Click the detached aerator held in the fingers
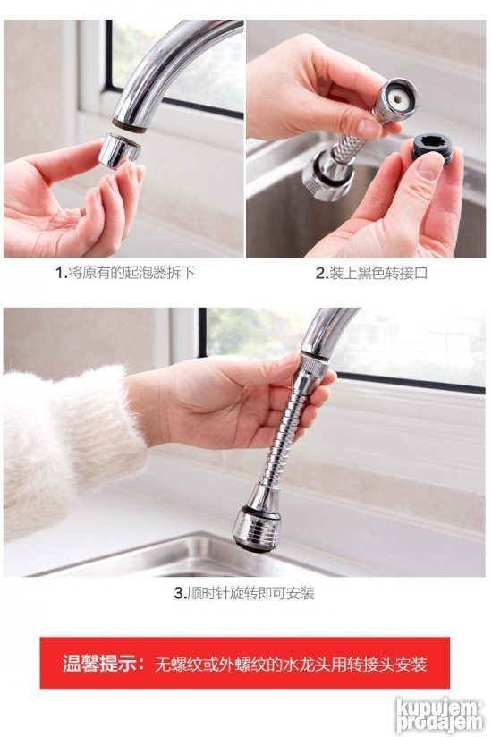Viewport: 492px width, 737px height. click(x=119, y=151)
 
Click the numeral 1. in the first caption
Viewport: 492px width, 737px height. click(x=62, y=272)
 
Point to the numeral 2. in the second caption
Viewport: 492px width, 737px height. click(x=321, y=273)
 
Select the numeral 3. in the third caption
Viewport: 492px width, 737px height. click(x=181, y=593)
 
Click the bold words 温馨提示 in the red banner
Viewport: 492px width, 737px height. click(x=100, y=664)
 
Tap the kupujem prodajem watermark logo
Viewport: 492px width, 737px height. click(x=439, y=715)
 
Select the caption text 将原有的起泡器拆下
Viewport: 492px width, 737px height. click(x=131, y=272)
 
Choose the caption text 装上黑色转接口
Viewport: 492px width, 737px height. click(x=378, y=273)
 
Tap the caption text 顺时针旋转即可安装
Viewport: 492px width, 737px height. click(x=251, y=593)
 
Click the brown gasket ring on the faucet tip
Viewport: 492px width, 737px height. click(x=129, y=126)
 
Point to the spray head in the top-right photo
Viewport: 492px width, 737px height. click(x=327, y=177)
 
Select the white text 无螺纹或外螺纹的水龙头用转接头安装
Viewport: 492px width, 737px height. click(x=291, y=665)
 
